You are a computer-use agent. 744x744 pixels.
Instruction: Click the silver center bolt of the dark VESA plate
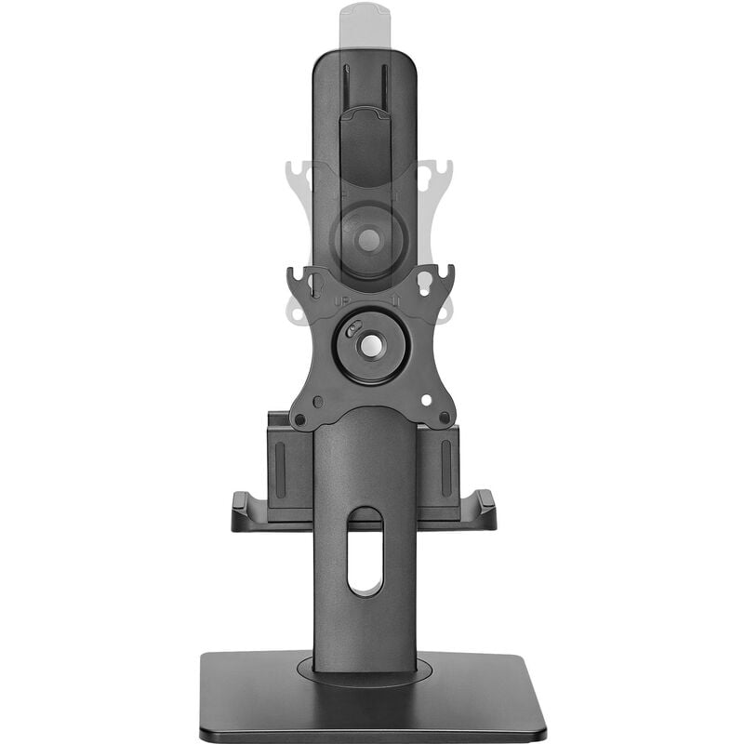click(x=370, y=345)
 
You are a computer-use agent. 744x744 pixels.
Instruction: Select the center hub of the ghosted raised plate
click(x=369, y=240)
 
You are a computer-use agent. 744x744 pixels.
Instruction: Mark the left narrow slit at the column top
click(x=346, y=84)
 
